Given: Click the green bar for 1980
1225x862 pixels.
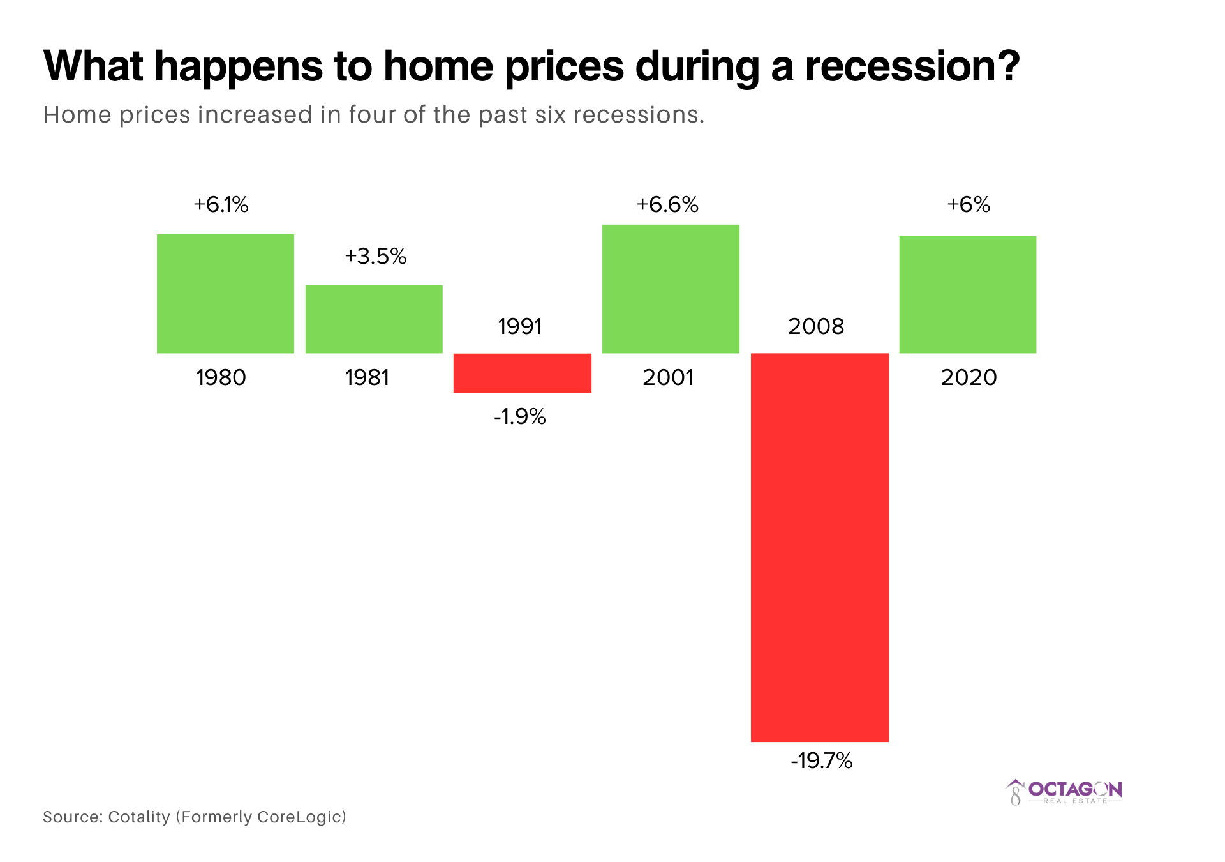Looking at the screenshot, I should click(x=225, y=294).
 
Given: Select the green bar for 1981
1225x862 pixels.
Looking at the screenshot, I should click(x=374, y=319).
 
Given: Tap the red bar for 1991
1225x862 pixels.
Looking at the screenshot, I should click(x=522, y=373).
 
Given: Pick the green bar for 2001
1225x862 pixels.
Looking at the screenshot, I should click(x=671, y=289).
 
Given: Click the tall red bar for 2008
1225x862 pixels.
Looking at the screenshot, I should click(x=819, y=547).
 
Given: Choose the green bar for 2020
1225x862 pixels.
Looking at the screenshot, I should click(x=967, y=294).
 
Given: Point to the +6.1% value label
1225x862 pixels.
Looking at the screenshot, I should click(x=221, y=205).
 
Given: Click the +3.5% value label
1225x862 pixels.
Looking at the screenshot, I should click(x=375, y=257).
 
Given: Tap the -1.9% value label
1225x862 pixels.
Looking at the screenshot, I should click(x=520, y=417).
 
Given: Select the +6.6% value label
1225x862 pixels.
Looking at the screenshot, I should click(x=667, y=205).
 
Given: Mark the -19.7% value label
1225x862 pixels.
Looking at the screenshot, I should click(x=821, y=761).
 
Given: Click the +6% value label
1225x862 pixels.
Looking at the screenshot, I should click(x=968, y=205).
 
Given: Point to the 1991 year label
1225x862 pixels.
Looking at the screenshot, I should click(x=520, y=327).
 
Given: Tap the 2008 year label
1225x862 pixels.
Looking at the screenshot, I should click(x=816, y=327).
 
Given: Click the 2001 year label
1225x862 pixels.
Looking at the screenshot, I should click(x=668, y=378).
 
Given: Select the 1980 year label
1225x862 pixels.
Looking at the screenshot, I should click(x=221, y=378).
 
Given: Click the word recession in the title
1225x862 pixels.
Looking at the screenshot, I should click(x=904, y=66).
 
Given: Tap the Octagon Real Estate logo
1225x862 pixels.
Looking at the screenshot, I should click(x=1064, y=792).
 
